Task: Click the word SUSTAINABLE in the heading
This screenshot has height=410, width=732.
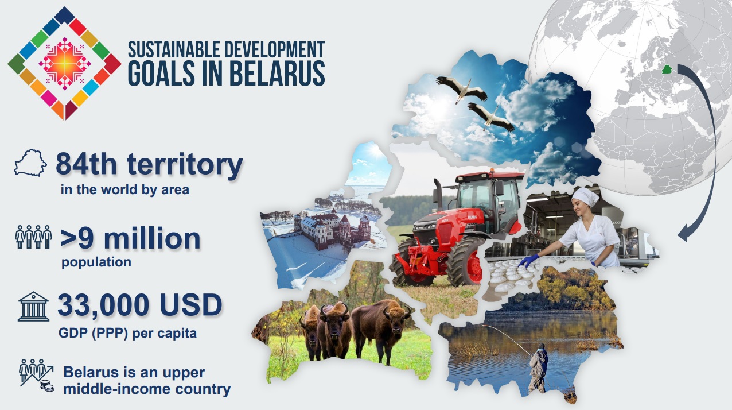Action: point(174,49)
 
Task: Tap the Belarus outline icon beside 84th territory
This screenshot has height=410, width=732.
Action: point(30,163)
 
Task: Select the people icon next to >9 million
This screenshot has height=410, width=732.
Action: point(33,237)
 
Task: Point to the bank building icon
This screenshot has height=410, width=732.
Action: point(34,307)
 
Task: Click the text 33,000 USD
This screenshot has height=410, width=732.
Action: point(140,305)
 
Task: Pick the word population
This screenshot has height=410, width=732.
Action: point(96,262)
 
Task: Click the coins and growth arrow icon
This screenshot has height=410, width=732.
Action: point(36,376)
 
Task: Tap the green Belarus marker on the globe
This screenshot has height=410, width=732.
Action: point(667,69)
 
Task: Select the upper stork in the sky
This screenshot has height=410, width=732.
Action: point(461,88)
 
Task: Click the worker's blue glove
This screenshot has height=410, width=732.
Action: point(528,261)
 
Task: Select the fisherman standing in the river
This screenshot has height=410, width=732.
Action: point(538,368)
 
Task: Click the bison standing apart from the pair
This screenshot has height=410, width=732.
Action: point(381,331)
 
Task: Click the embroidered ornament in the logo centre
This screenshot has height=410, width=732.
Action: point(65,63)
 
